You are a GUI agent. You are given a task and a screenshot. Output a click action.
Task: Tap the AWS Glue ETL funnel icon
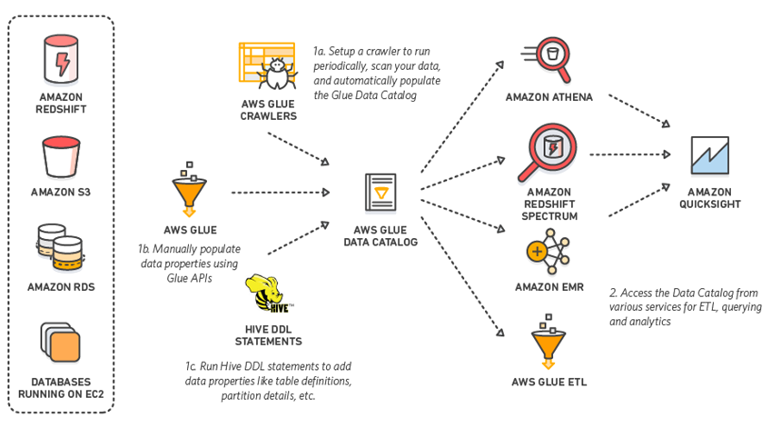pos(549,343)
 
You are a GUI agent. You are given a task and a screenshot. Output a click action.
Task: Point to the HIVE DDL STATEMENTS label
pos(267,334)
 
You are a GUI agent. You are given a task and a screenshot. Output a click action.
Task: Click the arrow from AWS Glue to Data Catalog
pos(279,192)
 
